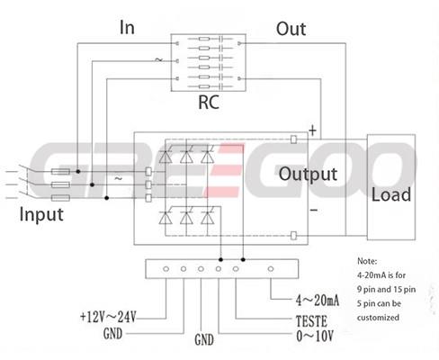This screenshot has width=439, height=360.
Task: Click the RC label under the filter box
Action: pos(209,102)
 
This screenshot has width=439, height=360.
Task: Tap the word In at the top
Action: pos(127,27)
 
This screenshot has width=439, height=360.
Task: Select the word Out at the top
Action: pos(291,29)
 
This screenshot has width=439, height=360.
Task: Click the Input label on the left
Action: pos(41,214)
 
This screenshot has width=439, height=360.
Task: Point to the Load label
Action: pos(391,194)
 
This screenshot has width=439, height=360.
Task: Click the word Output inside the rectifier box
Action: pos(308,174)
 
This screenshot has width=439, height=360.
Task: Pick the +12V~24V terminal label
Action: pos(108,317)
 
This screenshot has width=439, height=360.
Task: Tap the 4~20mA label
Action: pos(318,300)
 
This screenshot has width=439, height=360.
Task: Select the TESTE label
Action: pos(311,321)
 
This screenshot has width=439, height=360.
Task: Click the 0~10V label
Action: pos(315,336)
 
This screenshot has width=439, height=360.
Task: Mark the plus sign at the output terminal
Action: pos(312,130)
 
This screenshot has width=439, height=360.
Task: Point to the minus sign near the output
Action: pos(313,210)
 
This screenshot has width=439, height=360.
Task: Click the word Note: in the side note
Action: pos(367,261)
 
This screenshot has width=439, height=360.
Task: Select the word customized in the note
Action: pos(378,318)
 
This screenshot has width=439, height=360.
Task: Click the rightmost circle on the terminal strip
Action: pos(271,269)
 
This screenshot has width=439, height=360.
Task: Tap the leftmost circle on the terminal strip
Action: pos(166,269)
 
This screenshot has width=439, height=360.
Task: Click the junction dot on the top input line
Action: pos(78,171)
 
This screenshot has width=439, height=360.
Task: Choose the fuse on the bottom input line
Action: pos(60,198)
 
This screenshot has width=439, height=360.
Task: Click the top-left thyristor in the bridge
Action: pos(166,155)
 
